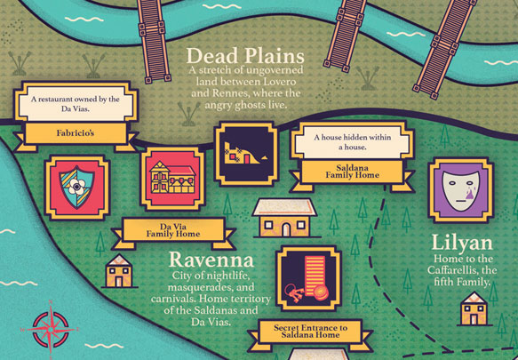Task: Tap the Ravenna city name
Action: tap(211, 260)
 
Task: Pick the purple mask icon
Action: tap(459, 189)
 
